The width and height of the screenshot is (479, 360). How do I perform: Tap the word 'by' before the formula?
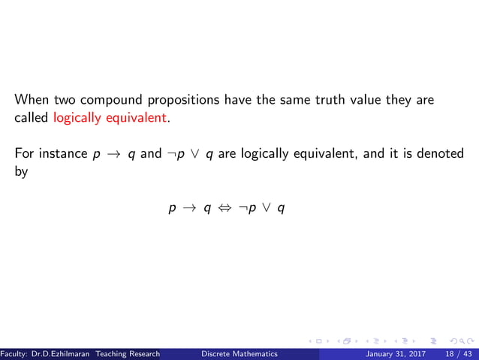(x=21, y=172)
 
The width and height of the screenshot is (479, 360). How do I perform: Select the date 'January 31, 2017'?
(x=394, y=353)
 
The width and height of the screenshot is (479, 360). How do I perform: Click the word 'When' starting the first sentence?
(x=29, y=99)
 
